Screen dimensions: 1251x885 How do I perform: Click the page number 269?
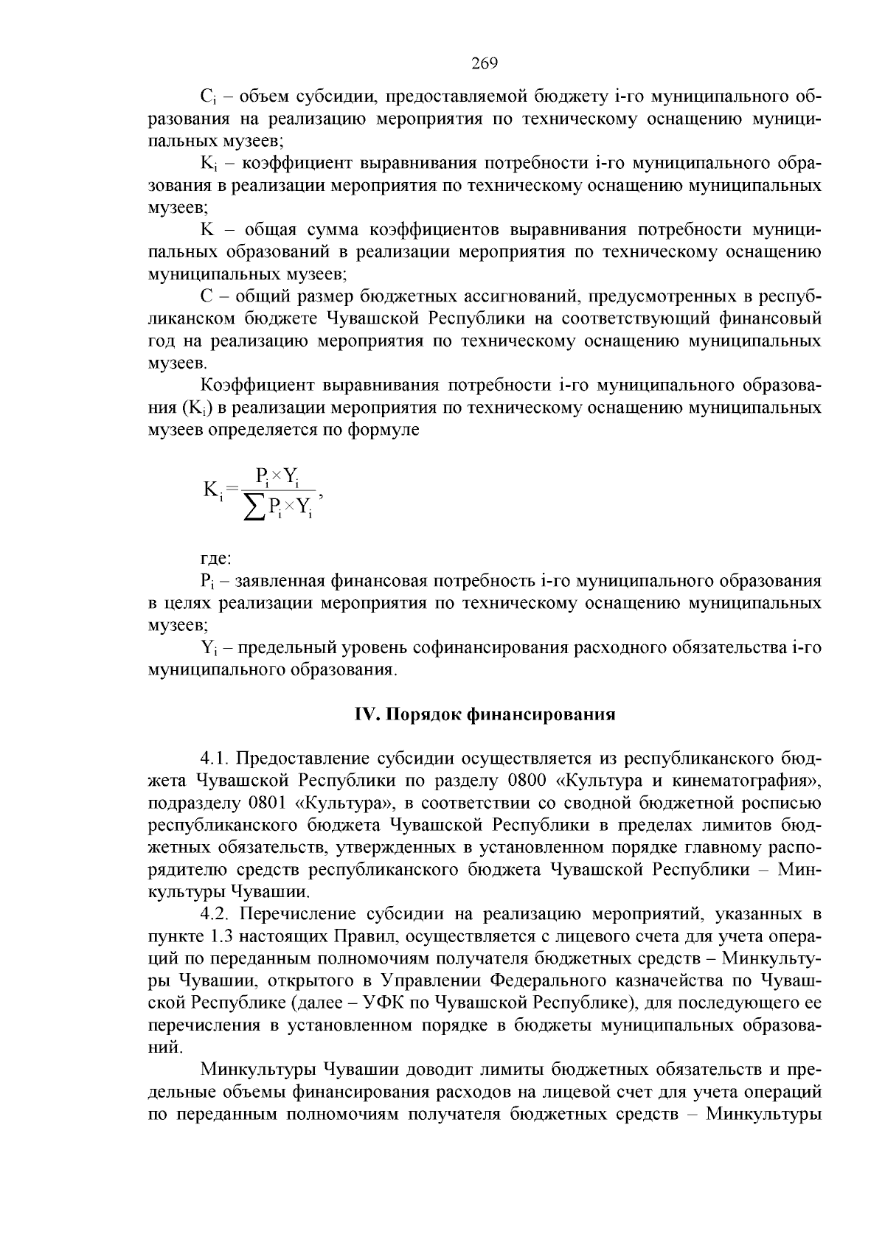tap(485, 63)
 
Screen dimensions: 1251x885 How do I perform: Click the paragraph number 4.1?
tap(214, 759)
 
